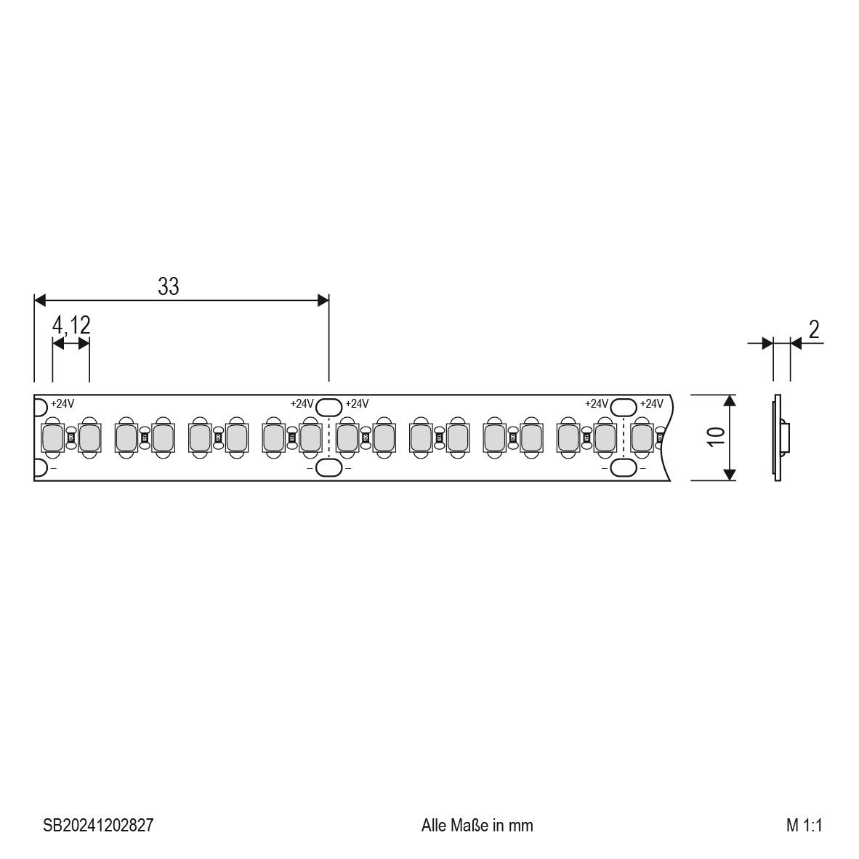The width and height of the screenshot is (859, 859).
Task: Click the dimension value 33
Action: coord(168,286)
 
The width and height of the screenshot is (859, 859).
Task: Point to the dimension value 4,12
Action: coord(71,326)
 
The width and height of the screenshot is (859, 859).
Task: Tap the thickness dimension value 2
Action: coord(814,330)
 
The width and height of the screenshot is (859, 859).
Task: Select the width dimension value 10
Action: coord(716,437)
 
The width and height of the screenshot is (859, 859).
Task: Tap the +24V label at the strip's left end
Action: coord(62,404)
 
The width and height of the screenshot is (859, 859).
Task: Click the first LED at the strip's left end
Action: coord(52,437)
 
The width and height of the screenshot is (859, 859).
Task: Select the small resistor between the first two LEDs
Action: coord(70,437)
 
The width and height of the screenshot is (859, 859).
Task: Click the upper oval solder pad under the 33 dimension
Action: coord(329,406)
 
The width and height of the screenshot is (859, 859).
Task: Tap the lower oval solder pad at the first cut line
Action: coord(329,468)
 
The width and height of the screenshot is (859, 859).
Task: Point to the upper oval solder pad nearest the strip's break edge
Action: coord(624,406)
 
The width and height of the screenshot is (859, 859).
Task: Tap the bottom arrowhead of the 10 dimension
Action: coord(730,475)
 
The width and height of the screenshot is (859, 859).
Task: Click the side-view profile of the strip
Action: coord(778,437)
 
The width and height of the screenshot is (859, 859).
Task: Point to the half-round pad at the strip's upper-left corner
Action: coord(39,406)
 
